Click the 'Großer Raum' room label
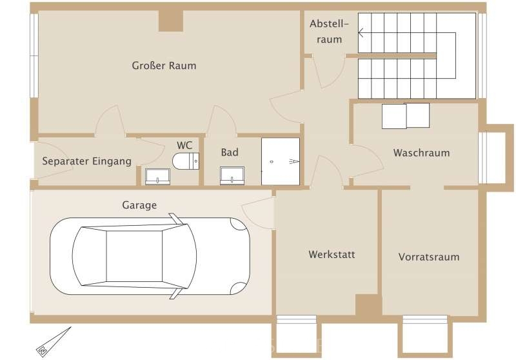164,66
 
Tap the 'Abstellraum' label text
329,32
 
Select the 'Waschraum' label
421,153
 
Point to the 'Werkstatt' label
332,254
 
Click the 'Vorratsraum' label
429,257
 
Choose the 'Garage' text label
139,205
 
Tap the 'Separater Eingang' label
86,161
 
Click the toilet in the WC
186,161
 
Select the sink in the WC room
157,176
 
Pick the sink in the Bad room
232,175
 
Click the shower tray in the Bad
281,161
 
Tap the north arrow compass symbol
53,342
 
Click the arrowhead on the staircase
361,32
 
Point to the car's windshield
179,256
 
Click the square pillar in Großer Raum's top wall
171,21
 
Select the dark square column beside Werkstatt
368,305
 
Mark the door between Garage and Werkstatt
259,212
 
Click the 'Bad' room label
230,152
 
